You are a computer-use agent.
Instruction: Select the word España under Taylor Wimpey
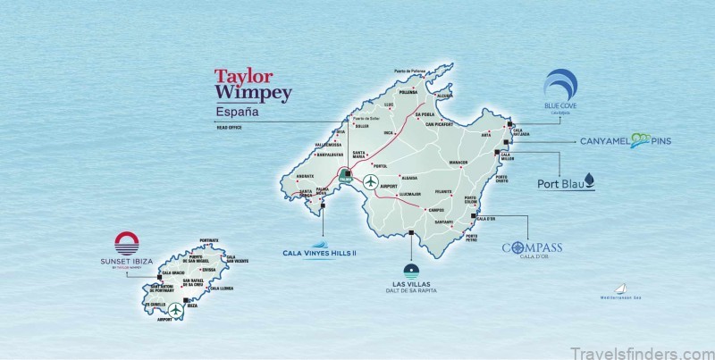pos(238,113)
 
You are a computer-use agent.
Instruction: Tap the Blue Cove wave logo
pos(561,84)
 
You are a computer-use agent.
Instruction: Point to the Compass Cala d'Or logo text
pos(532,247)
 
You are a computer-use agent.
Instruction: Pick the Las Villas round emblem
pos(409,271)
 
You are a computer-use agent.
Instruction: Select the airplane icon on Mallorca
pos(370,181)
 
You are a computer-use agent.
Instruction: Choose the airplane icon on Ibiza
pos(176,309)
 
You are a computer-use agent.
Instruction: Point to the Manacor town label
pos(458,163)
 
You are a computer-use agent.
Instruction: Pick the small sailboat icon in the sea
pos(621,289)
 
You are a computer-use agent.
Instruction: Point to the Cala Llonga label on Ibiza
pos(220,289)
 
